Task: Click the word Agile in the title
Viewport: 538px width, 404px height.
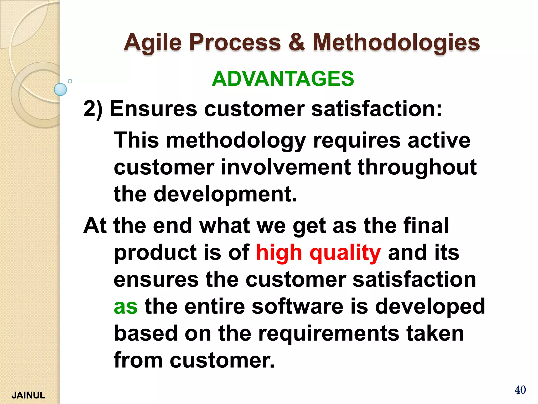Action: (x=153, y=43)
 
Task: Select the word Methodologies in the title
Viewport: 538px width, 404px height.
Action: (x=396, y=43)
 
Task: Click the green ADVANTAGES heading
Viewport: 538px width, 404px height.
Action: (x=283, y=79)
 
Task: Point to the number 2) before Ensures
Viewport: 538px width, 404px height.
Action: (x=92, y=109)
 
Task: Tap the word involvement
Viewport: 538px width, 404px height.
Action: (x=286, y=167)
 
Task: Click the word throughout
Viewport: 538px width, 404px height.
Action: (x=417, y=168)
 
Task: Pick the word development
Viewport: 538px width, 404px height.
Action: (x=225, y=194)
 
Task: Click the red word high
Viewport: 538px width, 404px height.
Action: (x=279, y=252)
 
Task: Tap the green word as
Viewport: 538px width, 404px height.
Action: (x=126, y=307)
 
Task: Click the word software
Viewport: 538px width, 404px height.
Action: (x=297, y=306)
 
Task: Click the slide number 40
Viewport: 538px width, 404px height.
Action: (x=520, y=390)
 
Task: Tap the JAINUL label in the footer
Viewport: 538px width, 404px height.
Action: (x=28, y=395)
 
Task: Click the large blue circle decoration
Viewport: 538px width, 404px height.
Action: (x=60, y=89)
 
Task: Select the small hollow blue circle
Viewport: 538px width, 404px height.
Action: (x=70, y=81)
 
